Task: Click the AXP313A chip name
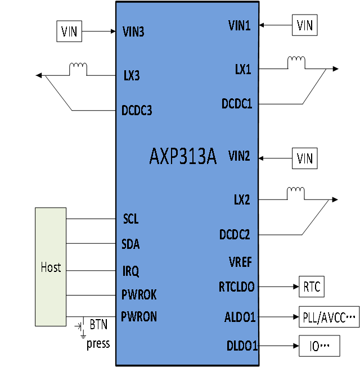[x=183, y=156]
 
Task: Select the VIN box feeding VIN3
[x=69, y=31]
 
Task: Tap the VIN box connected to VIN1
[x=305, y=25]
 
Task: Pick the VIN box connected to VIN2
[x=305, y=158]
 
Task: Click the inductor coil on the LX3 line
[x=78, y=69]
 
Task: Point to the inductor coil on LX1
[x=296, y=62]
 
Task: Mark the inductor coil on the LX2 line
[x=296, y=193]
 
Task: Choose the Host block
[x=51, y=267]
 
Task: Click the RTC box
[x=312, y=287]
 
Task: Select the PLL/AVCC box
[x=329, y=317]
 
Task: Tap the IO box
[x=319, y=346]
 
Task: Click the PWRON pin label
[x=139, y=317]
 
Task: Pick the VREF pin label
[x=240, y=262]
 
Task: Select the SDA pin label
[x=130, y=244]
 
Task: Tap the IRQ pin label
[x=130, y=271]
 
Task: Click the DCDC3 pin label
[x=137, y=110]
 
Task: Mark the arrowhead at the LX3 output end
[x=39, y=75]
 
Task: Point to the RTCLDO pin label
[x=236, y=287]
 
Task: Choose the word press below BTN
[x=98, y=344]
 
